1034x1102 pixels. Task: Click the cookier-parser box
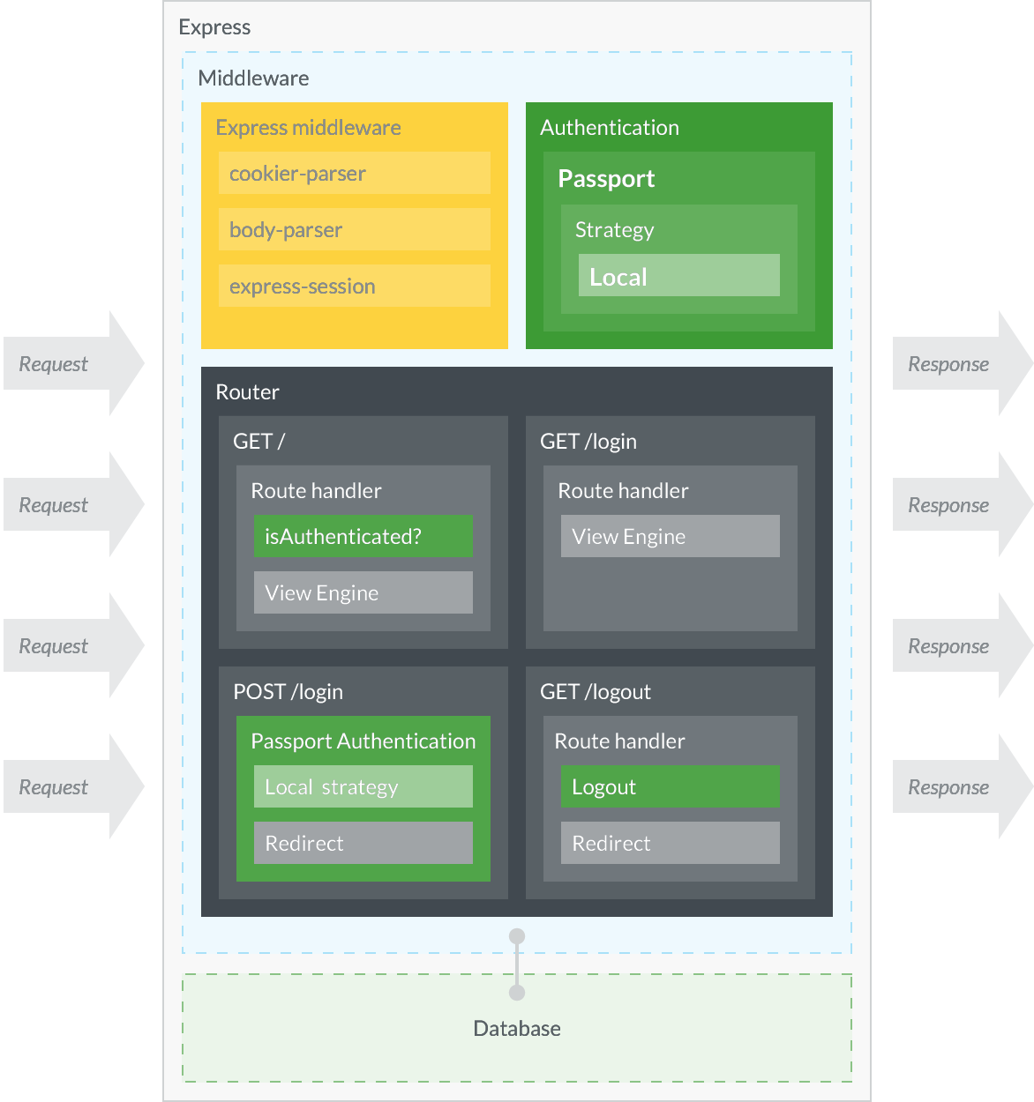(x=354, y=173)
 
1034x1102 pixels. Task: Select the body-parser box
(x=354, y=229)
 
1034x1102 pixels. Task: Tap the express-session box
(x=354, y=286)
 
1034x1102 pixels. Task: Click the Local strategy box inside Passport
(x=678, y=275)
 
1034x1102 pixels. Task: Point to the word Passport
(x=606, y=178)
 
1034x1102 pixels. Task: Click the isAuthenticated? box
(x=363, y=536)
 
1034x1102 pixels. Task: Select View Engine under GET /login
(x=670, y=536)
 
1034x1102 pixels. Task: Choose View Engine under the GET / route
(x=363, y=592)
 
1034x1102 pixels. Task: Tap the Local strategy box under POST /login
(x=363, y=786)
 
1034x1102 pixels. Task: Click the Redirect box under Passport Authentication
(x=363, y=843)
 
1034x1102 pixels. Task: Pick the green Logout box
(x=670, y=786)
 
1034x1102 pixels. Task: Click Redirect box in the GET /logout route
(x=670, y=843)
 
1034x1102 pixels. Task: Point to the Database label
(x=517, y=1029)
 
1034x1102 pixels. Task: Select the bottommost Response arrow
(x=962, y=786)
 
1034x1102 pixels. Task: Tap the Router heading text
(x=247, y=392)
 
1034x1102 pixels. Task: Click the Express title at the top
(x=214, y=27)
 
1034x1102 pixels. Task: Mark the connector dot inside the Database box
(x=517, y=993)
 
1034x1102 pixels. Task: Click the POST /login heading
(x=288, y=692)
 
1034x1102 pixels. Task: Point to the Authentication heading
(x=610, y=128)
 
